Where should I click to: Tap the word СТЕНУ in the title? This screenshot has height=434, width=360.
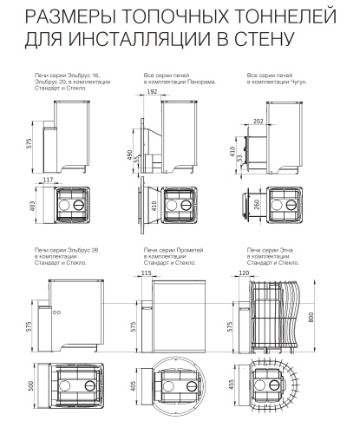pos(264,39)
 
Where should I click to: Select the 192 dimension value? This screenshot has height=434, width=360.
pos(152,91)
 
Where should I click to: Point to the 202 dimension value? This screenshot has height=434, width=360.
pos(259,122)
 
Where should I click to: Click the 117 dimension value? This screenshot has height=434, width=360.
pos(48,180)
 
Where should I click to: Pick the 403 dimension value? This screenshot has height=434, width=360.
pos(32,206)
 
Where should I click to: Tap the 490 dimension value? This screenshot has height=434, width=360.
pos(129,155)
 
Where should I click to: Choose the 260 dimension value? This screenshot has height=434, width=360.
pos(257,205)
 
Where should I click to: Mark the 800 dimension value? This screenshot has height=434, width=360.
pos(311,318)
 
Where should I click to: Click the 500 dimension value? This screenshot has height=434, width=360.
pos(31,385)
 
